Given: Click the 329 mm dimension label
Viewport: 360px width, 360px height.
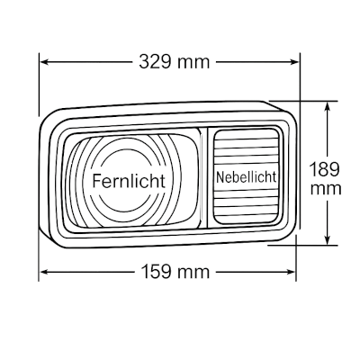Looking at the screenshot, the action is tap(174, 62).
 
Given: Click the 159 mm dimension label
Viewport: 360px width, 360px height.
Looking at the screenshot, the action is tap(175, 272).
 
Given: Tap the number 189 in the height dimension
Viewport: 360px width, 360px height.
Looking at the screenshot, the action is tap(324, 169).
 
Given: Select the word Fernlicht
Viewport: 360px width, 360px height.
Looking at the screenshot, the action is tap(129, 181).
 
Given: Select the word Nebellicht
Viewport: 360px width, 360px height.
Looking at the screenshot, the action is tap(246, 177).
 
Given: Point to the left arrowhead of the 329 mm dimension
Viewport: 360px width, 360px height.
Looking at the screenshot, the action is tap(44, 62).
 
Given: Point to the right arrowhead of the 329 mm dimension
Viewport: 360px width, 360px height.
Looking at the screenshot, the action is tap(294, 62).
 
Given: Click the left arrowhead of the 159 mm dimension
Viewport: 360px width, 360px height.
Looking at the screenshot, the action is tap(44, 272).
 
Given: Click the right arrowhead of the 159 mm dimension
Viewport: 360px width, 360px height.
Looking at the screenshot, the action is tap(292, 272).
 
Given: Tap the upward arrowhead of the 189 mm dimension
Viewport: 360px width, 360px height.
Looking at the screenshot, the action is tap(328, 105).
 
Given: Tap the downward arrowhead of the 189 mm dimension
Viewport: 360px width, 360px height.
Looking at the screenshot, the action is tap(328, 240).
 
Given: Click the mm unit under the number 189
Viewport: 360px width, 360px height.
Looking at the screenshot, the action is tap(326, 189).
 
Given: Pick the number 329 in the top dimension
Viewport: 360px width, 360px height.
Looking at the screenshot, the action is tap(155, 62).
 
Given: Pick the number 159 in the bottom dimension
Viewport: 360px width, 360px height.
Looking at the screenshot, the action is tap(157, 272).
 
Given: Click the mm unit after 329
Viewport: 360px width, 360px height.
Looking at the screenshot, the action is tap(193, 64).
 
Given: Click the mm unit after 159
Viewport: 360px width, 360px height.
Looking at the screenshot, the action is tap(193, 274).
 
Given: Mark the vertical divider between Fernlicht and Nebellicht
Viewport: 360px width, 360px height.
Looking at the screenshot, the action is tap(203, 178).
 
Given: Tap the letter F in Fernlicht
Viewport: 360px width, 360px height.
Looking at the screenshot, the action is tap(96, 181).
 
